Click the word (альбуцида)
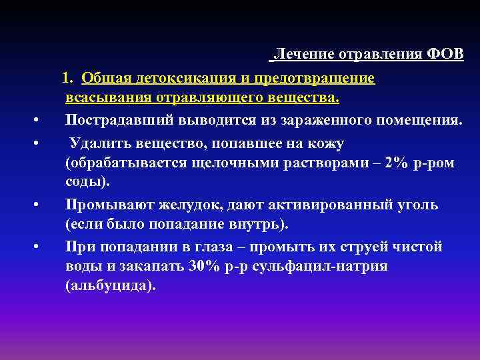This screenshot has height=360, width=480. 110,287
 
